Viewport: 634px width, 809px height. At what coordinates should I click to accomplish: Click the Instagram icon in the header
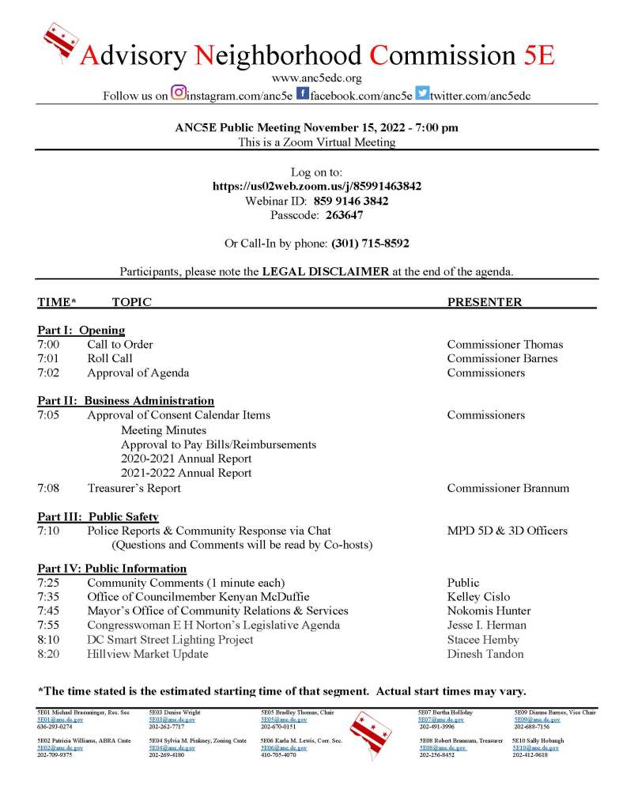179,93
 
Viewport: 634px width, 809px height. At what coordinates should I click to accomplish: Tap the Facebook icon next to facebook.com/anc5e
302,93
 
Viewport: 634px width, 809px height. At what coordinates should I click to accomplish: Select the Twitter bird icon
423,93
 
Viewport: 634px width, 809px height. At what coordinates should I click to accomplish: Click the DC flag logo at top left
61,43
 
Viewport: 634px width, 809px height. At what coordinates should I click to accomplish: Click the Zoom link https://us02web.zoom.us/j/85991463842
317,187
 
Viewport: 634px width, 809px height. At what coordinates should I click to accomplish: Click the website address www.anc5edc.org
316,77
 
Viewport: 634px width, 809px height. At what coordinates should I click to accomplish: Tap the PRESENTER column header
485,302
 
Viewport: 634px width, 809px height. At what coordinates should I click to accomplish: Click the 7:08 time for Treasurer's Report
47,488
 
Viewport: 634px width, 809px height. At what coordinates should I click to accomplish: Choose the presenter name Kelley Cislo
478,596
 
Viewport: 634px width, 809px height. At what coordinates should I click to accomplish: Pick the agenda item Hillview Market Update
148,654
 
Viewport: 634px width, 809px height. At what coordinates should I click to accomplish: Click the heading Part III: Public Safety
98,516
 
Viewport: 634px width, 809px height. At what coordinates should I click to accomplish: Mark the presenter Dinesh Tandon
485,654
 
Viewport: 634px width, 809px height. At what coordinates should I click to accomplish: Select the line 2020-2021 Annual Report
187,459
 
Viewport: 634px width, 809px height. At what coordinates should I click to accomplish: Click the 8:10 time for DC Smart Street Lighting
47,640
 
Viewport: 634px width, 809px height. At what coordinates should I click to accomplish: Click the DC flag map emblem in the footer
370,732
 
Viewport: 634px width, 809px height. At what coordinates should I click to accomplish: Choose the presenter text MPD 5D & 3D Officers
507,531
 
